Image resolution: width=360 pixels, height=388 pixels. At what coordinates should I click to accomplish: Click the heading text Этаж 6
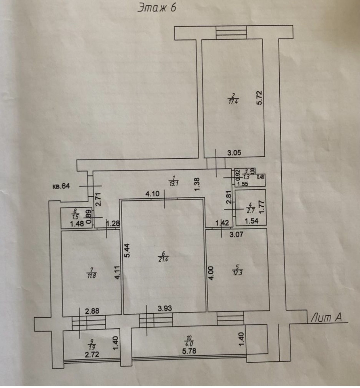(x=157, y=8)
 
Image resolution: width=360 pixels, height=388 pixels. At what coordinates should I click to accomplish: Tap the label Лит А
(x=326, y=318)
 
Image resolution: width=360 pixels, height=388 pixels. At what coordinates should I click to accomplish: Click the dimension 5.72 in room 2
(x=260, y=98)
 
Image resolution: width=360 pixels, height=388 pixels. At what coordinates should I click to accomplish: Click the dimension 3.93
(x=165, y=308)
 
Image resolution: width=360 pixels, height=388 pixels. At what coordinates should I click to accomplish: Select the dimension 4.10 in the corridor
(x=152, y=194)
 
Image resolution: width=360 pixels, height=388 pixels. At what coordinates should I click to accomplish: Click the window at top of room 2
(x=231, y=32)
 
